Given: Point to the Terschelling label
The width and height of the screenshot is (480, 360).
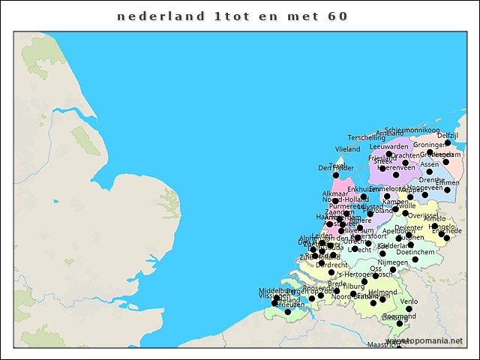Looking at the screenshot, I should click(x=367, y=138).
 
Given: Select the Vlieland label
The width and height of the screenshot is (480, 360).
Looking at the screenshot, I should click(x=348, y=149).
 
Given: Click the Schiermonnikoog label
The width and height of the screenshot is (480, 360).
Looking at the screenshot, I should click(x=412, y=130).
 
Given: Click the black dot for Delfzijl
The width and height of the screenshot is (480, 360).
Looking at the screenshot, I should click(x=448, y=142).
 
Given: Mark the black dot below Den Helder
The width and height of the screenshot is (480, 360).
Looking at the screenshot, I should click(x=336, y=175).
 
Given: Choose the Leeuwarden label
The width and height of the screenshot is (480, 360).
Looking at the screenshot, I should click(x=389, y=146).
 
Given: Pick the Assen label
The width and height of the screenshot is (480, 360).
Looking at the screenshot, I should click(x=429, y=163).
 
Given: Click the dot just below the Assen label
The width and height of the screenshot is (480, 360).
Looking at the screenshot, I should click(x=429, y=171).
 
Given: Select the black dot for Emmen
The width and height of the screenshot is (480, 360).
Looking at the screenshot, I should click(x=447, y=190).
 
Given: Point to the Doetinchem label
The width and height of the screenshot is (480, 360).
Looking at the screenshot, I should click(x=415, y=252).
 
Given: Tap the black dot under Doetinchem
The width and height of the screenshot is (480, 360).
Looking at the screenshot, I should click(x=415, y=259).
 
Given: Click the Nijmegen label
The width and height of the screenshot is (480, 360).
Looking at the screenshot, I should click(x=393, y=262).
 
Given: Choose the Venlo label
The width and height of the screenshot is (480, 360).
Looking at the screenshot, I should click(x=409, y=301).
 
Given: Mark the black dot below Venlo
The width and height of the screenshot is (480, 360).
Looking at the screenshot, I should click(x=409, y=309).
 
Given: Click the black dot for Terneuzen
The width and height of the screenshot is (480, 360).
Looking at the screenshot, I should click(x=287, y=311).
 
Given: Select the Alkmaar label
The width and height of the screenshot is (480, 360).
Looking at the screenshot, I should click(x=335, y=193).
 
